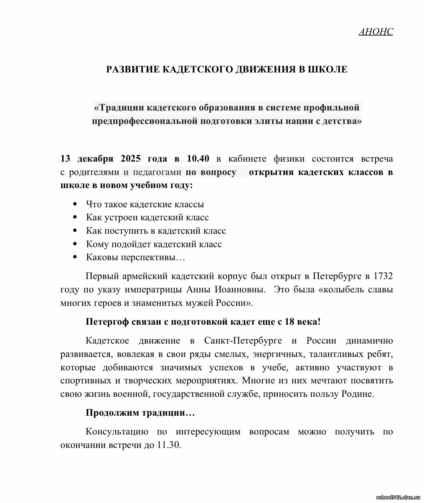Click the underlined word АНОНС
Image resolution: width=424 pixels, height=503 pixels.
(x=376, y=32)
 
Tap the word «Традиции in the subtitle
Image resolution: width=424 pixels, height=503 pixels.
(x=119, y=108)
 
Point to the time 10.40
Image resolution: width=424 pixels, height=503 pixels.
(x=198, y=159)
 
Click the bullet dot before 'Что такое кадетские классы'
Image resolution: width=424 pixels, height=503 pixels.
(x=75, y=204)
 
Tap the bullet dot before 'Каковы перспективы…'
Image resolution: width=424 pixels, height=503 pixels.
(x=75, y=257)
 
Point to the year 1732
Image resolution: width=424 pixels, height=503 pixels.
(x=383, y=276)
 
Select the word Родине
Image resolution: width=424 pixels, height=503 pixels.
(x=357, y=394)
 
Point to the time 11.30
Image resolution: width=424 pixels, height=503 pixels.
(x=169, y=445)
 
